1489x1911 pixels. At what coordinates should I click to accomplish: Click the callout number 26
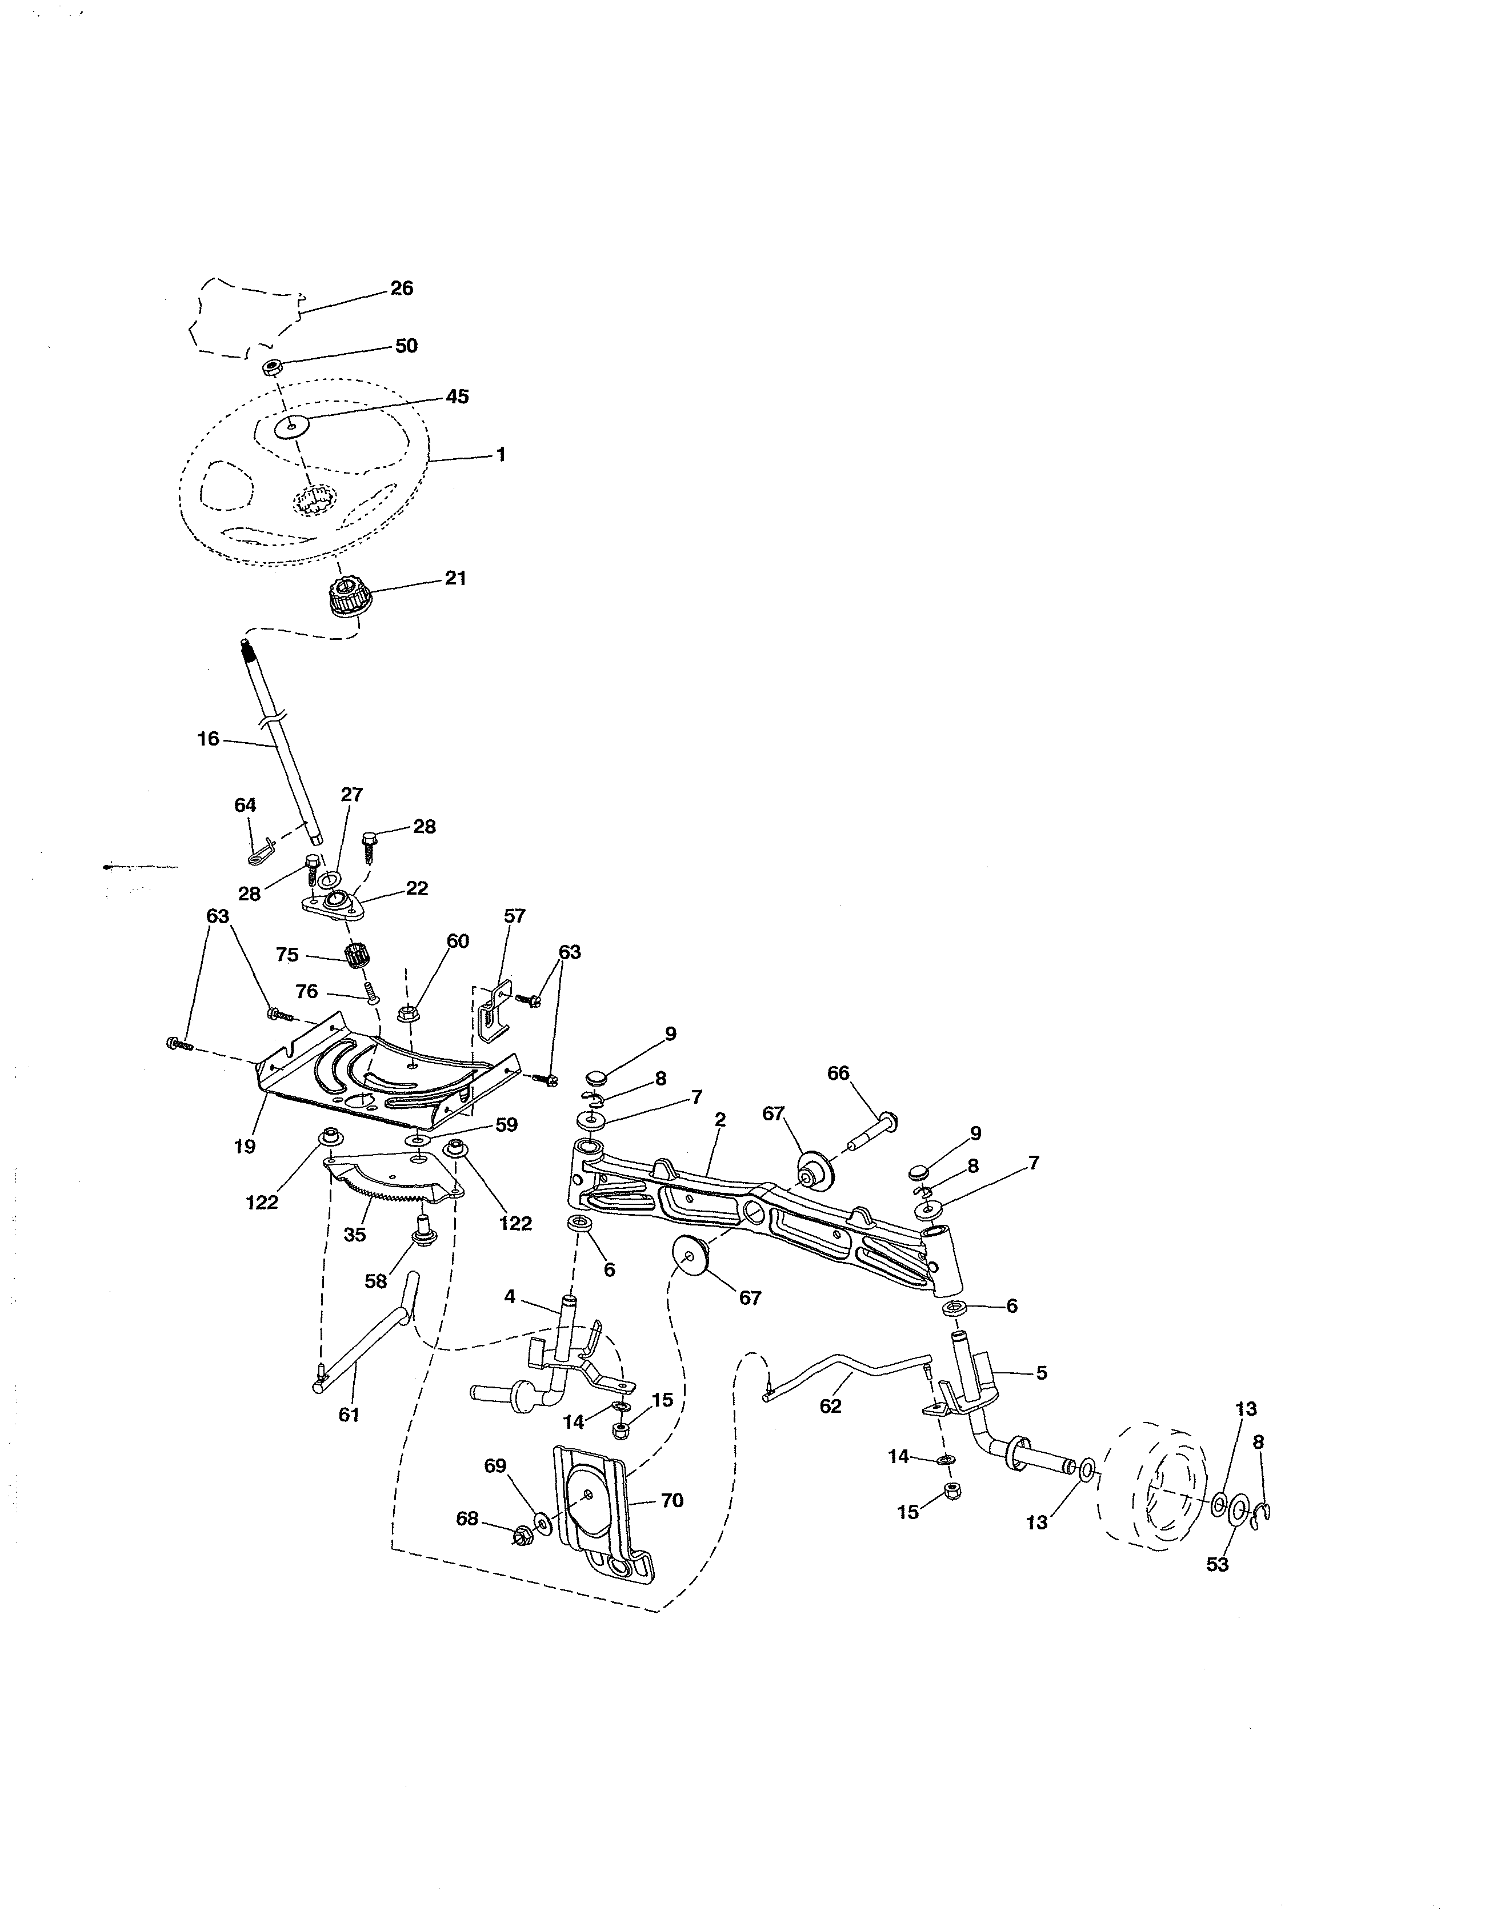tap(402, 289)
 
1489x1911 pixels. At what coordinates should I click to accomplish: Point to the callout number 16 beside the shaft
tap(209, 739)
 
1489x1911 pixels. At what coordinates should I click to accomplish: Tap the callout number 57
tap(515, 916)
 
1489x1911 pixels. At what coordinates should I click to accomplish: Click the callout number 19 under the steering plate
tap(245, 1146)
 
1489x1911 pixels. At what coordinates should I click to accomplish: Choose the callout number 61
tap(349, 1415)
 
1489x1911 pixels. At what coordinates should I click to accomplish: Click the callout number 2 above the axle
tap(719, 1119)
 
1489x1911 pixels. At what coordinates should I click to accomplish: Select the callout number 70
tap(671, 1501)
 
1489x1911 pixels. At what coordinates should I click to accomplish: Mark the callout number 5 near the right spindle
tap(1041, 1373)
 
